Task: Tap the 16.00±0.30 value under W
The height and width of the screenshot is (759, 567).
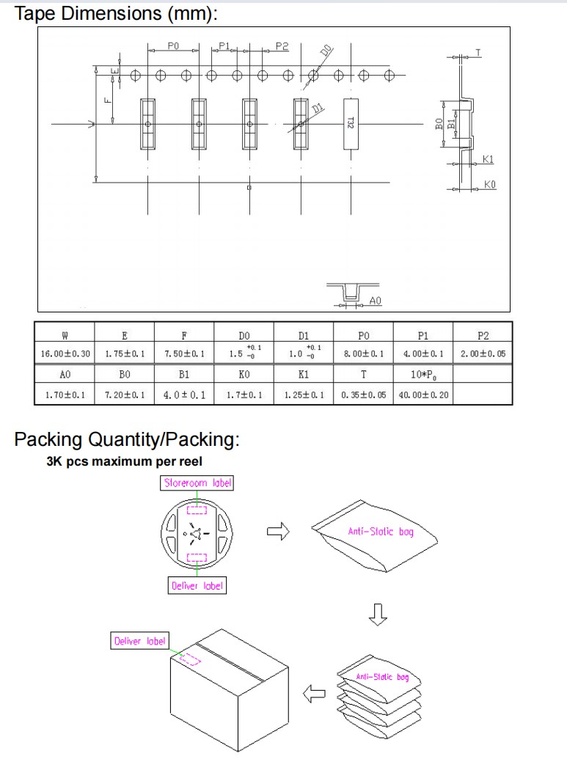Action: point(65,354)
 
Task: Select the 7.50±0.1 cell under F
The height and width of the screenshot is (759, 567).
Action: point(184,354)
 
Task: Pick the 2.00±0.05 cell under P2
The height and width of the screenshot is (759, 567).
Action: point(483,354)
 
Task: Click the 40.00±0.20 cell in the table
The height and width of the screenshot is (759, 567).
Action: point(422,395)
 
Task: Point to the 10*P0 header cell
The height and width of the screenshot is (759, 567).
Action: point(422,375)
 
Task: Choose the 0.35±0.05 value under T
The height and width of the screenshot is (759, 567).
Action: point(363,395)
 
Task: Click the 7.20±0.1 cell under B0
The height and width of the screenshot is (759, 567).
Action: point(125,395)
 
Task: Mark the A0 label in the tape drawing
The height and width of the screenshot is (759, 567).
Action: point(375,301)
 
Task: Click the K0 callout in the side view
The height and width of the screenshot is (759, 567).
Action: point(490,185)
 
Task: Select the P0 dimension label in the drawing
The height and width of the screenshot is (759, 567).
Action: point(173,45)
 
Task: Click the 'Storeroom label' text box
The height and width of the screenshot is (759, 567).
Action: point(197,483)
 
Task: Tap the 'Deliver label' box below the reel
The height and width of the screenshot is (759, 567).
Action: point(197,585)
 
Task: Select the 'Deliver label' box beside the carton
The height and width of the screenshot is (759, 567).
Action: point(139,641)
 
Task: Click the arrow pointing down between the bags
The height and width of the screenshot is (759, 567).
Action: point(378,615)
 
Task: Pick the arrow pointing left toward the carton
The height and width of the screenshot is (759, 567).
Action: point(315,692)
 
